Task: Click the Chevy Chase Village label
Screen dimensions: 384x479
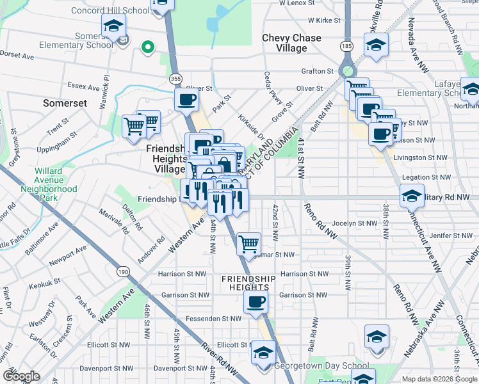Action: point(291,43)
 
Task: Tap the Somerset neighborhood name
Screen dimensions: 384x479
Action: point(64,102)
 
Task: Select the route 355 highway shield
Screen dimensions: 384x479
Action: point(175,78)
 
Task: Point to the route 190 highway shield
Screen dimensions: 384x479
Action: point(123,272)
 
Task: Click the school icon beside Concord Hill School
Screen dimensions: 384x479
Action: point(113,26)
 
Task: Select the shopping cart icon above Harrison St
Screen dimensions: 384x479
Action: point(248,243)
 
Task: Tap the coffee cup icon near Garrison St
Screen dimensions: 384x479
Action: point(256,302)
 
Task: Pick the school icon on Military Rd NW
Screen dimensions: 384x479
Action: point(412,195)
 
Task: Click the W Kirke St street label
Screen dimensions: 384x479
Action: point(322,20)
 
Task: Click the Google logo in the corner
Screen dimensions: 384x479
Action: point(21,376)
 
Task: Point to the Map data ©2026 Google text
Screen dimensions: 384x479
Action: point(439,379)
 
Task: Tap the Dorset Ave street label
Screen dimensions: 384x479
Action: point(17,56)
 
